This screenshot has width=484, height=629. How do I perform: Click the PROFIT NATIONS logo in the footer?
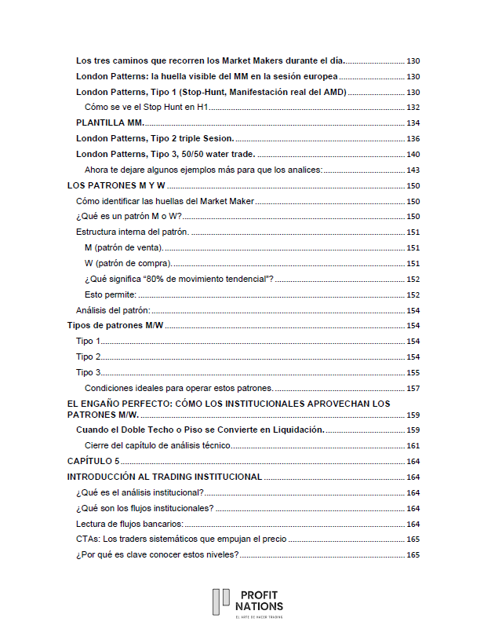[247, 603]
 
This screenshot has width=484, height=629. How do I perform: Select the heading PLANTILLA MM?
[111, 123]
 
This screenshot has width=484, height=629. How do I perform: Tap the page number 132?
[413, 108]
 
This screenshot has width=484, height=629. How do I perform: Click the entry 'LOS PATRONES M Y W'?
[116, 185]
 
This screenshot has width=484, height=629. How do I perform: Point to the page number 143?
[413, 170]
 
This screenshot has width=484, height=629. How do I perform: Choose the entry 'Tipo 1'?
[89, 341]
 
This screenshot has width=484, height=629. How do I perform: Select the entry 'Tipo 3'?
[89, 372]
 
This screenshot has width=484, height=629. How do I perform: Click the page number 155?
[413, 372]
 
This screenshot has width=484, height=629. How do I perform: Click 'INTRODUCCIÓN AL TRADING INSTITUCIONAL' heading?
[165, 477]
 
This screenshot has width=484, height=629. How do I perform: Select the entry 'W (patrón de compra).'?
[128, 263]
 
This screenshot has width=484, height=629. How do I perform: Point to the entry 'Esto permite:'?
[111, 294]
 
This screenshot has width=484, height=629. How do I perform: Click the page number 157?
[413, 388]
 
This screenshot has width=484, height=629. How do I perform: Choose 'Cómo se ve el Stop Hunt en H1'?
[145, 108]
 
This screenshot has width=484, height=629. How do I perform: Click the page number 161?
[413, 445]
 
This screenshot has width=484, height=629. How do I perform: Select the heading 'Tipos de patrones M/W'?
[115, 325]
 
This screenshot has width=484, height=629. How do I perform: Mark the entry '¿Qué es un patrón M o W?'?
[129, 216]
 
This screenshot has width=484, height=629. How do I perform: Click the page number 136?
[413, 138]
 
